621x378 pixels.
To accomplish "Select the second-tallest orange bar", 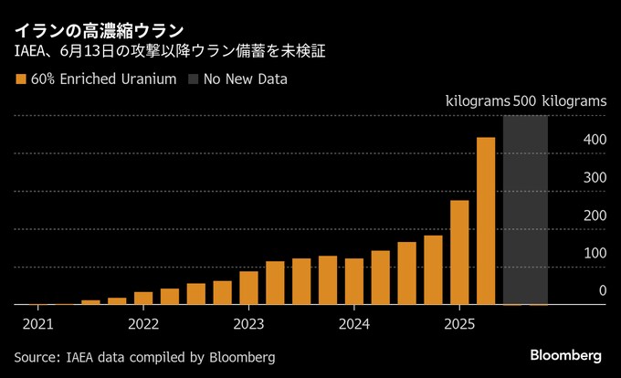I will click(x=459, y=252).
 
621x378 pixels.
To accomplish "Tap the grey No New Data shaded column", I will click(x=525, y=210).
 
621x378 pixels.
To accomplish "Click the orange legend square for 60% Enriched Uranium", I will click(x=21, y=79).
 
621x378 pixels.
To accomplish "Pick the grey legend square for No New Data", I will click(x=195, y=79).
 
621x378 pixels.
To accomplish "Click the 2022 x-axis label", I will click(x=143, y=323).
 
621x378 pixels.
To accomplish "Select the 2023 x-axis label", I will click(x=248, y=323).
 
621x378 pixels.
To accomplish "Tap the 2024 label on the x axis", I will click(x=353, y=323).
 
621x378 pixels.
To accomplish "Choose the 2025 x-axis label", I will click(x=459, y=323).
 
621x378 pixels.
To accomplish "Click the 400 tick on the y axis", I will click(x=595, y=140).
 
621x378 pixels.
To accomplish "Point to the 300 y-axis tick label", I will click(x=595, y=177).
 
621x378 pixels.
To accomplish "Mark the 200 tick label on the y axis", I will click(x=595, y=215).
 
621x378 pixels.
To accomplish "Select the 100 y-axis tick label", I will click(x=595, y=253).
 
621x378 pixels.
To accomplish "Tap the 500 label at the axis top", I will click(x=525, y=100).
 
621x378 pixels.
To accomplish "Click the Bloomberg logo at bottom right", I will click(x=566, y=354).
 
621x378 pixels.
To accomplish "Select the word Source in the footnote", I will click(x=36, y=356).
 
